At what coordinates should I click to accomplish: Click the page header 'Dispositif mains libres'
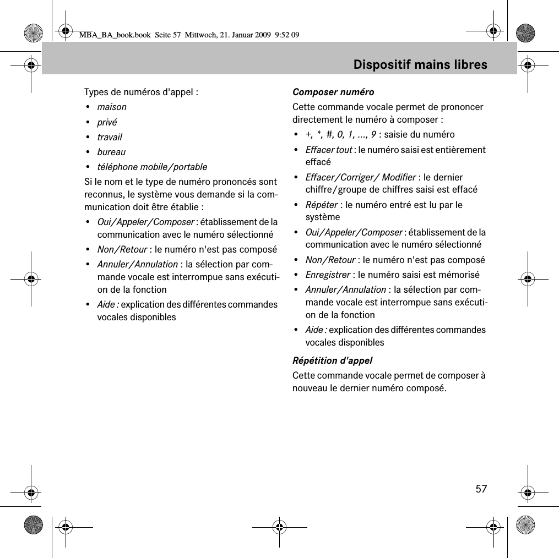tap(420, 65)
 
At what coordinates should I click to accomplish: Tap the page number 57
tap(481, 489)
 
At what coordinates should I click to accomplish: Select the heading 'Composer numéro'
tap(333, 92)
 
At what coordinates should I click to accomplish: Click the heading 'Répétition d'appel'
tap(332, 361)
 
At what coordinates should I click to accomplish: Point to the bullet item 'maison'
tap(112, 107)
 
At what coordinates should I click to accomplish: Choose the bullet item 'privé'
tap(107, 122)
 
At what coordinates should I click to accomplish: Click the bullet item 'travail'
tap(110, 137)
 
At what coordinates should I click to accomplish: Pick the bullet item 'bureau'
tap(111, 152)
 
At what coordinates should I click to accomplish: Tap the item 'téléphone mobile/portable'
tap(152, 167)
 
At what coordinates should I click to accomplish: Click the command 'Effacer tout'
tap(329, 150)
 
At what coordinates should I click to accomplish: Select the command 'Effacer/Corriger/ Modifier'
tap(361, 177)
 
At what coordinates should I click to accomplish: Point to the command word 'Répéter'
tap(321, 205)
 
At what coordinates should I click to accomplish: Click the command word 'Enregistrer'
tap(328, 275)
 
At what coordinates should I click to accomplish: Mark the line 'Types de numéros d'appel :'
tap(141, 92)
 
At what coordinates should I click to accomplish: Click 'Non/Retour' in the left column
tap(122, 249)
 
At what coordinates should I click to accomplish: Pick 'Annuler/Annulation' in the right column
tap(346, 289)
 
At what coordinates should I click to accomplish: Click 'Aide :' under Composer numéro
tap(316, 330)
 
